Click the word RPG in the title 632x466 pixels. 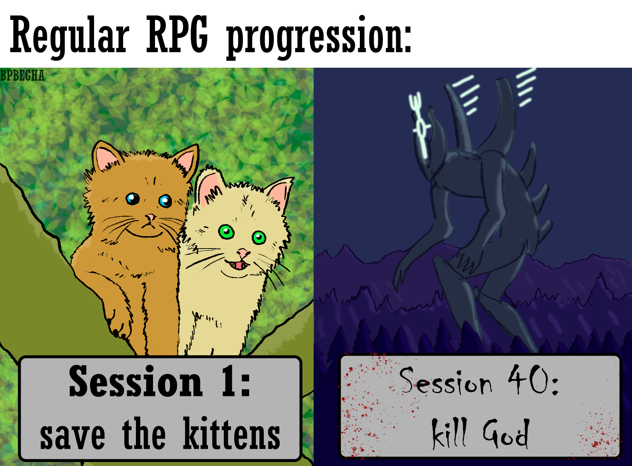coord(177,34)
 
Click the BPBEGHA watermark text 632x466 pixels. coord(22,76)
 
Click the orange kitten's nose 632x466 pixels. coord(150,217)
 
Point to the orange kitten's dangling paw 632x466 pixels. coord(118,324)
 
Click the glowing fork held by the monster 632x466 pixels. coord(420,124)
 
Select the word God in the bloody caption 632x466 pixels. coord(504,433)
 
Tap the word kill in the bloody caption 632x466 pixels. coord(449,433)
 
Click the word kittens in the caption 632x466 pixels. coord(232,433)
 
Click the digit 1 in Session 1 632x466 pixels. coord(229,381)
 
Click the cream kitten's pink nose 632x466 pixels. coord(243,252)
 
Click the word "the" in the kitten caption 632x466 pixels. coord(144,433)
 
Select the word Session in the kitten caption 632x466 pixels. coord(136,381)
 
